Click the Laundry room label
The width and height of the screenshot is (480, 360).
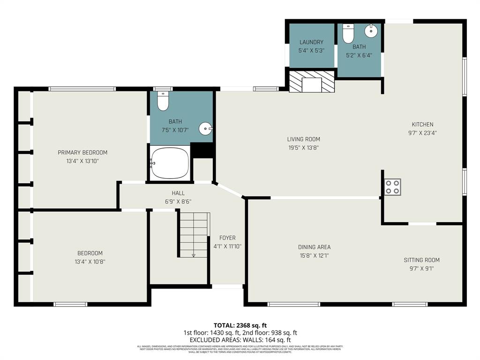312,42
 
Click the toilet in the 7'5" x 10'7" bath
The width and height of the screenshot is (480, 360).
163,101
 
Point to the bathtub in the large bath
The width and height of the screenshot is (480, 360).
170,163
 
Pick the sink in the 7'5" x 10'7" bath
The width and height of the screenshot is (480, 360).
205,128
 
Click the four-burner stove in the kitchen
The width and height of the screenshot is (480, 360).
392,187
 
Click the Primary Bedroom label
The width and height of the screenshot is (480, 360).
82,152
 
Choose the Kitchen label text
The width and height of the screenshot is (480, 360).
422,124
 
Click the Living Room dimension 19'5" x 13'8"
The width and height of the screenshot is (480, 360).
303,148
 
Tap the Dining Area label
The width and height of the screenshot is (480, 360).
314,247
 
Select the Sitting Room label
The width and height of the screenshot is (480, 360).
421,260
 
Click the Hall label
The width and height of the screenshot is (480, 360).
178,193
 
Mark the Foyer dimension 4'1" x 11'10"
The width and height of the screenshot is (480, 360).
227,246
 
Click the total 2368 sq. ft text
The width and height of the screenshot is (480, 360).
240,325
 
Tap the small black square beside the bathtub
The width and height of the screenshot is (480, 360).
202,150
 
